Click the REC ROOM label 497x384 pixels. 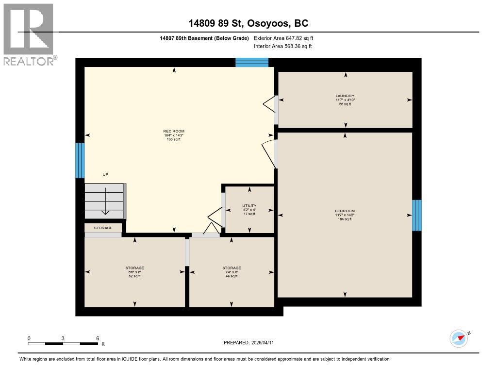click(x=174, y=131)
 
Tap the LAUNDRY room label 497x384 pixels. click(x=345, y=96)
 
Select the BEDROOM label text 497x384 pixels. click(x=345, y=211)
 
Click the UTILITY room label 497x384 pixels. click(x=249, y=206)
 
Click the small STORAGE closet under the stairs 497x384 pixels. click(x=103, y=228)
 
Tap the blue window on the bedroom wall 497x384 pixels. click(x=416, y=215)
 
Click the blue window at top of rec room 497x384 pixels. click(x=251, y=62)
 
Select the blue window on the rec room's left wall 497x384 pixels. click(x=80, y=160)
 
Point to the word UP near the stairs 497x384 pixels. click(x=105, y=174)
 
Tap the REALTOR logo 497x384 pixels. click(x=29, y=34)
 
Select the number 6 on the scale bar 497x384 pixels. click(x=98, y=338)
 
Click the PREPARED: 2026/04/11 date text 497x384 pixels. click(x=252, y=343)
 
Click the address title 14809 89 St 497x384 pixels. click(x=248, y=23)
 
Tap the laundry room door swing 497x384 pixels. click(x=268, y=103)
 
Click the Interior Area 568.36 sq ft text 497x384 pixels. click(x=282, y=47)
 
